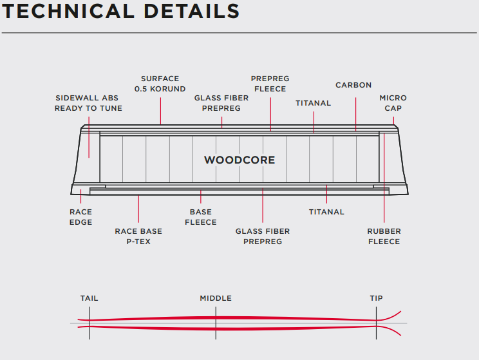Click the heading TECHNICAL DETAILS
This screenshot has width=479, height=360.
coord(121,11)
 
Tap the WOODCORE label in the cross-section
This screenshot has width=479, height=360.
coord(239,160)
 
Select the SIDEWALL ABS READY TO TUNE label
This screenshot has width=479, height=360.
coord(88,103)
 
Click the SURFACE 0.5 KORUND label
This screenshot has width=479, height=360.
coord(160,84)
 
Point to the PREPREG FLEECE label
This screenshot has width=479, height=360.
coord(269,84)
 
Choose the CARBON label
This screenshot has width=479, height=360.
coord(353,85)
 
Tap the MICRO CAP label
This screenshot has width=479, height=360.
coord(393,103)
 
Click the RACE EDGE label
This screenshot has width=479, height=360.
coord(80,217)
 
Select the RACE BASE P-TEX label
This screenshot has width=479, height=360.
coord(138,236)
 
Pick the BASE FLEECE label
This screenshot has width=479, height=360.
coord(201,217)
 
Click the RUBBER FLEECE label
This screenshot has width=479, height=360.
coord(384,236)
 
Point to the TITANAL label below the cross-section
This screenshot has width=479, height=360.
coord(326,212)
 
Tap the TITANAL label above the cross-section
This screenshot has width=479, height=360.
coord(314,103)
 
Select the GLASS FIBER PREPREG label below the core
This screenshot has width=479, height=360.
coord(263,236)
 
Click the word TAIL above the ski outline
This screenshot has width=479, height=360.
coord(89,298)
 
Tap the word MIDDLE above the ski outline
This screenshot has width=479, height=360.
coord(216,298)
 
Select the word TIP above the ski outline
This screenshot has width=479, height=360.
coord(376,298)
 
